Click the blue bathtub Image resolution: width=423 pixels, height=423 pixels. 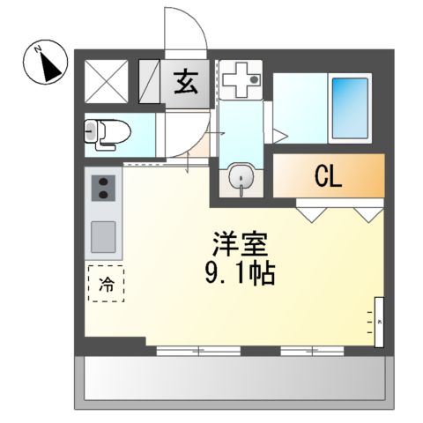point(350,109)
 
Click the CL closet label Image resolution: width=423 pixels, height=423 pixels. point(328,177)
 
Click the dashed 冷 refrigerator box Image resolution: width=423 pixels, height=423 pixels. point(106,285)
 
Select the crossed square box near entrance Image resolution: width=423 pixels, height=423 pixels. point(107,82)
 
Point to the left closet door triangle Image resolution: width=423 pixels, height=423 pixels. point(308,212)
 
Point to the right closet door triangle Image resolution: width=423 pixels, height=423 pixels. point(367,212)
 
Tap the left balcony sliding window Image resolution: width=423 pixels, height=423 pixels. point(199,351)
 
